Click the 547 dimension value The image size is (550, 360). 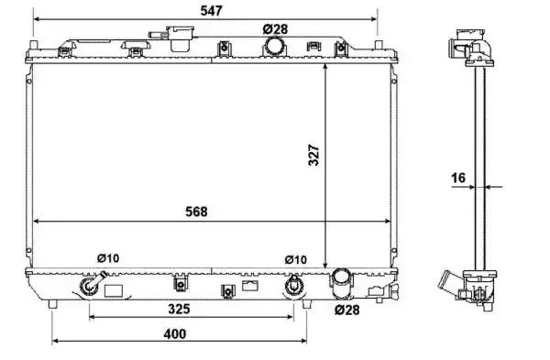point(212,10)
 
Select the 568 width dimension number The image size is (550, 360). point(196,212)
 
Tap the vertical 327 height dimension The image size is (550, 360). point(313,155)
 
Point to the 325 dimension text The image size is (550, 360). point(179,309)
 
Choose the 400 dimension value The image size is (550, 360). point(175,333)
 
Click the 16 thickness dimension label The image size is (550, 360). point(458,178)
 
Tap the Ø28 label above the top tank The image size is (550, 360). point(275,29)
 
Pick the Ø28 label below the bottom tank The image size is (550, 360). point(346,310)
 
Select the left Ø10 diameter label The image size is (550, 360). point(108,258)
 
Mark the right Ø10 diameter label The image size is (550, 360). point(296,260)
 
